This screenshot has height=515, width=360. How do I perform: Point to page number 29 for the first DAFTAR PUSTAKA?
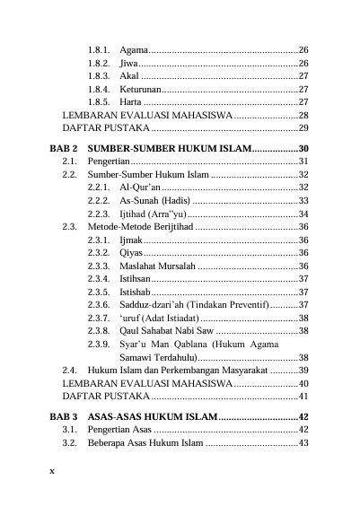point(303,129)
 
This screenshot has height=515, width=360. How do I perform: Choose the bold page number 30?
point(303,147)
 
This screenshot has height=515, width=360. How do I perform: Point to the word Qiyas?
point(132,254)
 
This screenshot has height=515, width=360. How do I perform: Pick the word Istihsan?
point(136,280)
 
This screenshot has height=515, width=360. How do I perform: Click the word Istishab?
point(136,293)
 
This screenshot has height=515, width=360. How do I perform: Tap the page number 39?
point(303,370)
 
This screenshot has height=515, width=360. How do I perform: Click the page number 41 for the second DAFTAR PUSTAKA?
point(303,396)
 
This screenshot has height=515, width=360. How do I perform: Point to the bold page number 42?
point(303,416)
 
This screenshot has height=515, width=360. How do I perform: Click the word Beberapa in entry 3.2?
point(109,443)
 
